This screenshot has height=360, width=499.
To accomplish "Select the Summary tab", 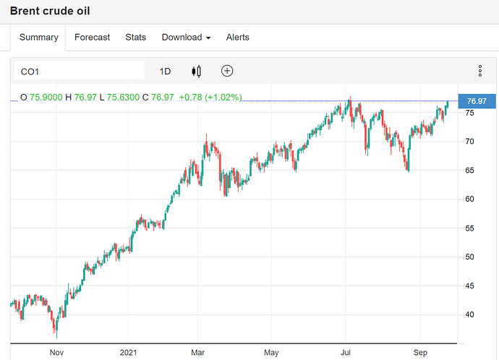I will click(x=38, y=38).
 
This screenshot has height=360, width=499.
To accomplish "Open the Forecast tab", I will click(x=93, y=38).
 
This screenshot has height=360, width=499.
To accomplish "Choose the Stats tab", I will click(x=135, y=38).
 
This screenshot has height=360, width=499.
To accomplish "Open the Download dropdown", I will click(x=186, y=38).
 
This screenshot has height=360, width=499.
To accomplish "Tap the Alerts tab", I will click(x=238, y=38).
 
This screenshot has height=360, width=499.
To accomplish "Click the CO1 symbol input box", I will click(x=80, y=71).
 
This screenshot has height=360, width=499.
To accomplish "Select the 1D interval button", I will click(x=165, y=71).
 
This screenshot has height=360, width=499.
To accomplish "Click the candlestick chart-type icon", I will click(x=196, y=71).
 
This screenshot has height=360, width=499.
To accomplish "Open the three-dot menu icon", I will click(x=479, y=71).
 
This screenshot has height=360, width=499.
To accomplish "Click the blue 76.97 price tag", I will click(x=477, y=101).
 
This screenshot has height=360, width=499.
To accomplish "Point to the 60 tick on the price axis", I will click(x=469, y=199).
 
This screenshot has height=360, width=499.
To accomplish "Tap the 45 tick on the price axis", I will click(x=469, y=286).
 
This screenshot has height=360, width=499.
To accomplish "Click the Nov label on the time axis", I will click(x=56, y=353).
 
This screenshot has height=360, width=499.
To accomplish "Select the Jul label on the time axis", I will click(x=346, y=353).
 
